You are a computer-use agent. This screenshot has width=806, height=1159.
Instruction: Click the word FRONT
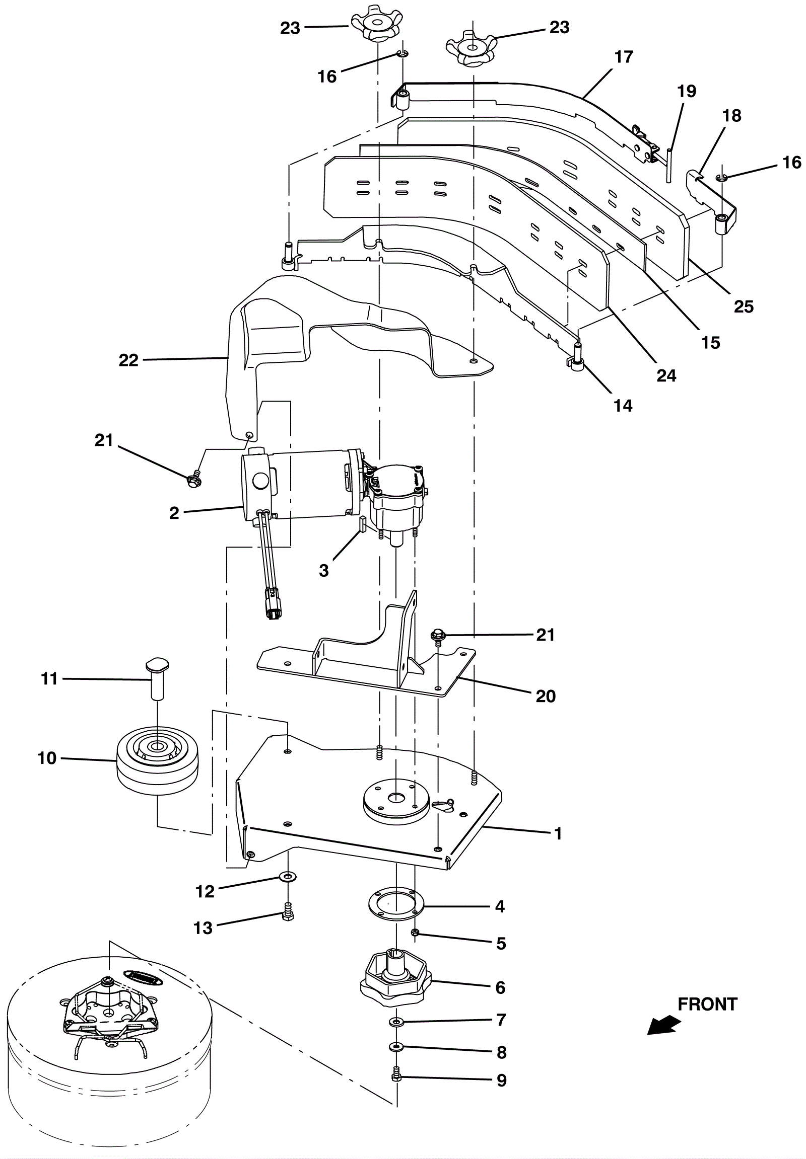(707, 1004)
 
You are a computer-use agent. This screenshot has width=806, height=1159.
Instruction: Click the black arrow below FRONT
(664, 1025)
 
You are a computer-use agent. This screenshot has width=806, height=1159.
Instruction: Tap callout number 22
(128, 360)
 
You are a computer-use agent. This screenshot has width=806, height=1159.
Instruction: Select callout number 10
(47, 758)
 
